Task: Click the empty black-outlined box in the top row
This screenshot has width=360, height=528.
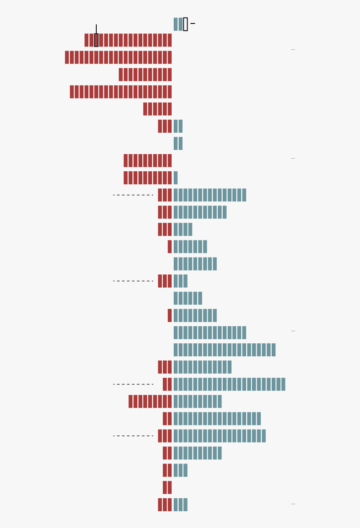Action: [185, 24]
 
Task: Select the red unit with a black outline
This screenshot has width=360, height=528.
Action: [96, 40]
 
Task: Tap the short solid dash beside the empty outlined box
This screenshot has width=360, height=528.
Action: [193, 23]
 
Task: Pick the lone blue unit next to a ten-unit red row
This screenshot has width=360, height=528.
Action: [176, 178]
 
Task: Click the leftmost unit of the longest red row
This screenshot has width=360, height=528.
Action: [67, 57]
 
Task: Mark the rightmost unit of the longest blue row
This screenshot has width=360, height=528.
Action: [283, 384]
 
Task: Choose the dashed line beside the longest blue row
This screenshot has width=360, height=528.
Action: [133, 384]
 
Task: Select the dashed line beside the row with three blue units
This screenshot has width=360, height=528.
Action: [133, 281]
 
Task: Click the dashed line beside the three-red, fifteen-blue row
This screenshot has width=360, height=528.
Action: [133, 195]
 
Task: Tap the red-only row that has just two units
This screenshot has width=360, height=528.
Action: [167, 487]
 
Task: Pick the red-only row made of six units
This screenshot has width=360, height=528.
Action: [157, 109]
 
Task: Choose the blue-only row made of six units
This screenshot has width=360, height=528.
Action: [188, 298]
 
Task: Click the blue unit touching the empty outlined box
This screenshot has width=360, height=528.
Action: [181, 24]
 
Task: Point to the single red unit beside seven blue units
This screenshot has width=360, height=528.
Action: [170, 247]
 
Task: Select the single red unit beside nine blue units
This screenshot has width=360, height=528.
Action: [170, 315]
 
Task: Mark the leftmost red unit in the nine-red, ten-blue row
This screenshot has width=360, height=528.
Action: [131, 401]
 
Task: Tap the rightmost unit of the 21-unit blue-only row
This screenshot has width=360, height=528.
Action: [273, 350]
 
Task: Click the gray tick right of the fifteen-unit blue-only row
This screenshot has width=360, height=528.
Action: [293, 331]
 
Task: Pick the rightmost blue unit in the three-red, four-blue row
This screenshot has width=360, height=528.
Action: [190, 229]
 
